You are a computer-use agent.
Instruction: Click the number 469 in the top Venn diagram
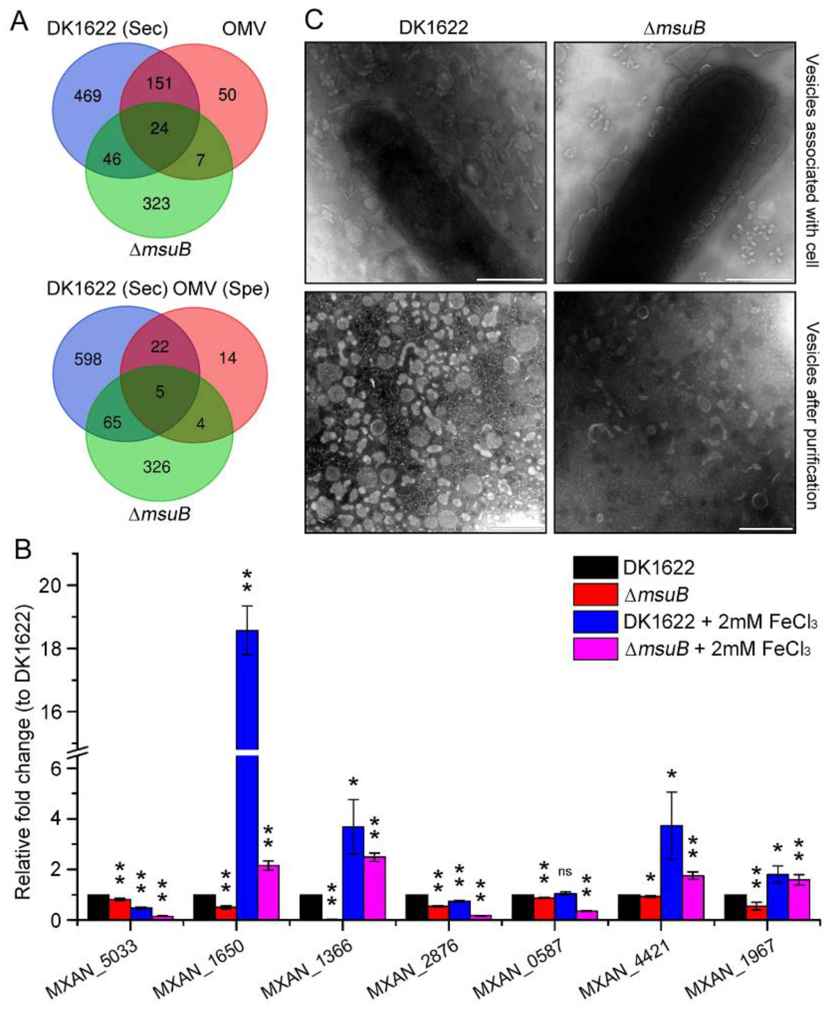coord(88,96)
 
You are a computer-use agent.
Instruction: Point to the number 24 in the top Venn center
coord(159,128)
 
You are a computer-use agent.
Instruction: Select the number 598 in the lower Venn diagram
coord(88,359)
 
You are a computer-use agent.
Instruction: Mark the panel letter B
coord(23,551)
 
